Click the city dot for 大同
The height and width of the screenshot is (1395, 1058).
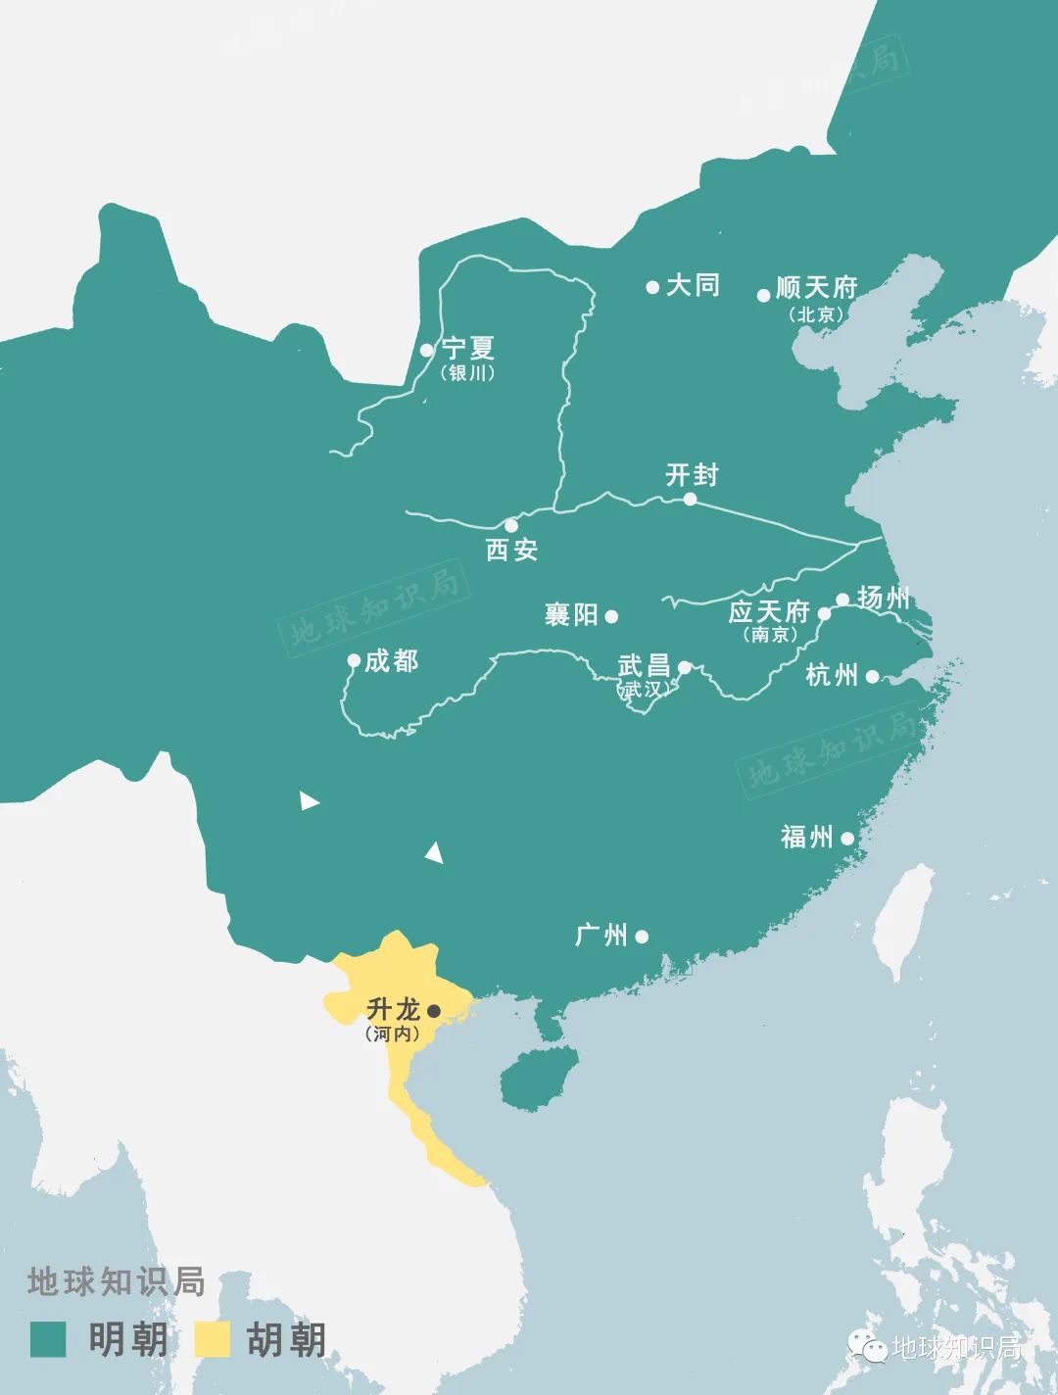coord(652,287)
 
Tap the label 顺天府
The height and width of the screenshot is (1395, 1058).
coord(816,287)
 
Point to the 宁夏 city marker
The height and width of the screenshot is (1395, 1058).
coord(426,350)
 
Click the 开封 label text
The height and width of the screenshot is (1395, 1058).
coord(692,475)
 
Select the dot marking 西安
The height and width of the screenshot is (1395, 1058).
coord(510,526)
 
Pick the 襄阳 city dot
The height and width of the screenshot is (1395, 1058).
coord(611,616)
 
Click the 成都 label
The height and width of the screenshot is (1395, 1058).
coord(391,661)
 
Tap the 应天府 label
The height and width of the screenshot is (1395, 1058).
coord(769,612)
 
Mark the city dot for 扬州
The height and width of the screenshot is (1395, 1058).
coord(842,600)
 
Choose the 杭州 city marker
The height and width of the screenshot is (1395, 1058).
coord(872,675)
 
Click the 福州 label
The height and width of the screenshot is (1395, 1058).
coord(807,837)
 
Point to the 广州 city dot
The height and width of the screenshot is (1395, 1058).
coord(642,936)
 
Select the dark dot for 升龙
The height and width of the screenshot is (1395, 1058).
coord(435,1010)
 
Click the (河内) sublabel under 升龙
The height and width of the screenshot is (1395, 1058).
coord(392,1034)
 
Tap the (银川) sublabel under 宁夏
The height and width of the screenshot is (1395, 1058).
coord(467,373)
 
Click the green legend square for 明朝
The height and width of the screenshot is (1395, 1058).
coord(48,1339)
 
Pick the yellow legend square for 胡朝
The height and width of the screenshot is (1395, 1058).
coord(213,1339)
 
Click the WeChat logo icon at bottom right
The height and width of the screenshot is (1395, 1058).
coord(867,1347)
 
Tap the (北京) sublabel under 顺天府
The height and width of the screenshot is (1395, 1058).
coord(816,314)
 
